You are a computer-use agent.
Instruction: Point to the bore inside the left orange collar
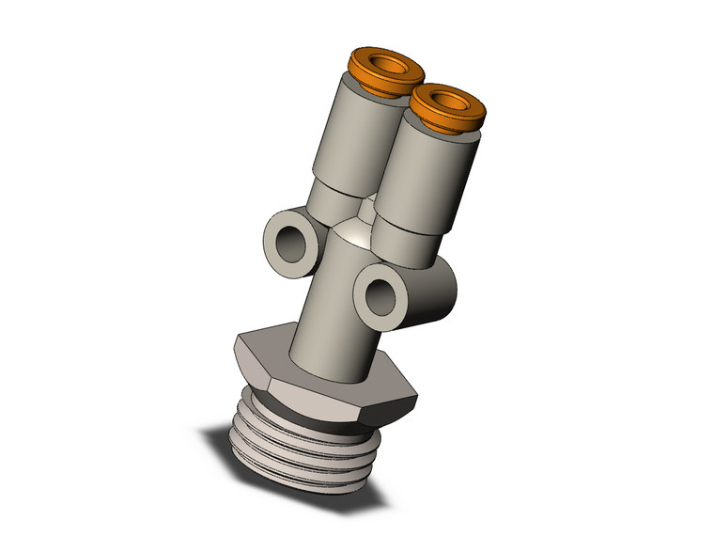click(385, 65)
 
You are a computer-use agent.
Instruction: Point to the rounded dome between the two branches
click(355, 229)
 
